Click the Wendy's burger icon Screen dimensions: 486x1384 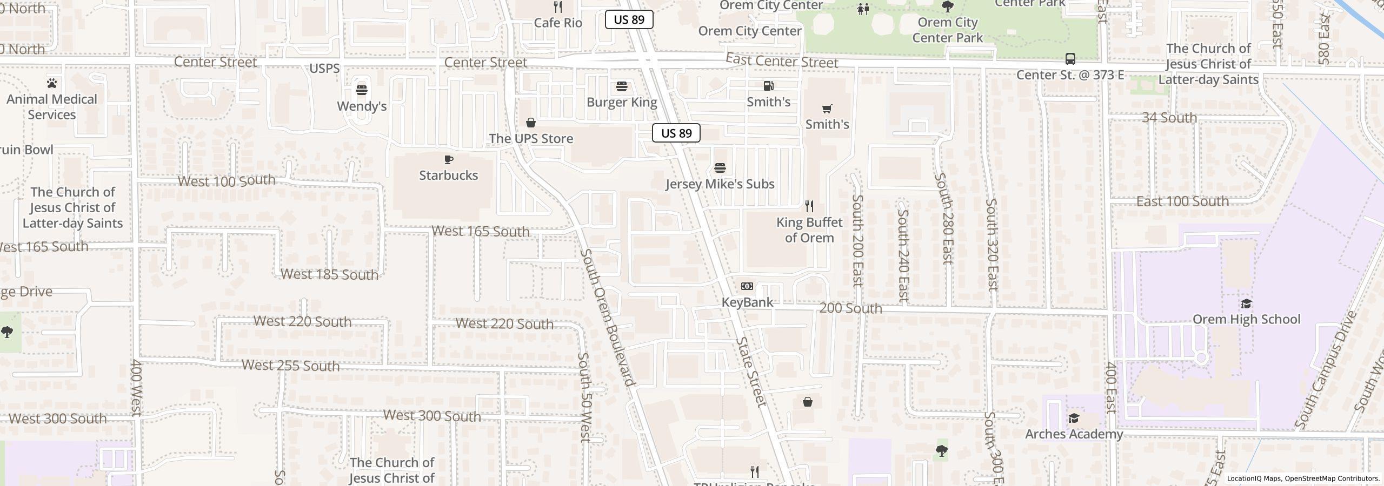361,90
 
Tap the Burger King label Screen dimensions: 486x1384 622,102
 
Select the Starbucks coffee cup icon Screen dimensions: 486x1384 448,159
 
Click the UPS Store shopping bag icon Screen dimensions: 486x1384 531,123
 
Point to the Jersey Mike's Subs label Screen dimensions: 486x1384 720,184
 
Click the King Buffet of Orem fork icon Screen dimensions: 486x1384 809,206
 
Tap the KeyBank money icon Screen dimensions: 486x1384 747,286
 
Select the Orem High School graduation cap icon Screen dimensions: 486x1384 1246,303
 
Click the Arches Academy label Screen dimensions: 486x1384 1074,434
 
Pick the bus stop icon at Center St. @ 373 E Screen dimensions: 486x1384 1070,59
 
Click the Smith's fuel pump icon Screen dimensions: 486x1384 768,86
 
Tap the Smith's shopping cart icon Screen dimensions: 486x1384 827,109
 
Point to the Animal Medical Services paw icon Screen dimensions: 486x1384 52,83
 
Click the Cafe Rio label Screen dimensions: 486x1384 558,23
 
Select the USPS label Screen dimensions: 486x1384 324,69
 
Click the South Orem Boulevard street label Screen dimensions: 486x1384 607,318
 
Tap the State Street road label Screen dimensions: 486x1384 751,372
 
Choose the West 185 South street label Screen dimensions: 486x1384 329,274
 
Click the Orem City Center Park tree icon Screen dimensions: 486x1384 947,6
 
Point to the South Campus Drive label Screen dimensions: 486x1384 1327,370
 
